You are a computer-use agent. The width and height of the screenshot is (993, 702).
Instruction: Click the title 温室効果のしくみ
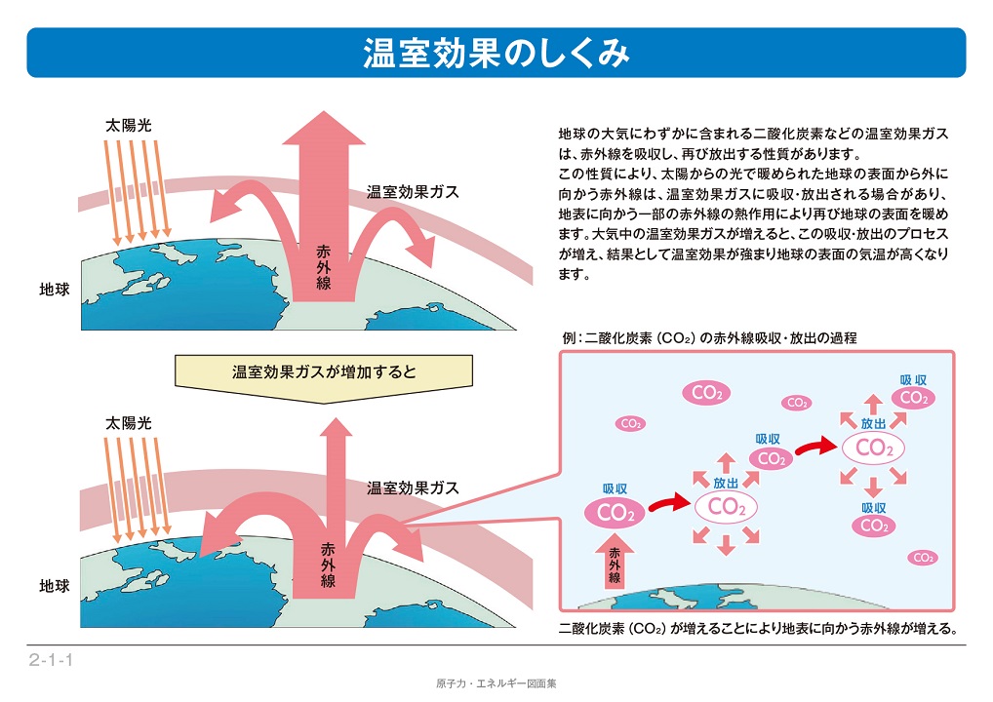[496, 53]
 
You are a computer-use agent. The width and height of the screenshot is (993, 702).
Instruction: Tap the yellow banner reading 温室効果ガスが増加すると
[324, 377]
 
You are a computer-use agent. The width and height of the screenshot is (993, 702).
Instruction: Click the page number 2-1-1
[52, 660]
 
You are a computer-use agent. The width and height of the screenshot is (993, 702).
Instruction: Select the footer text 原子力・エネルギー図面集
[496, 683]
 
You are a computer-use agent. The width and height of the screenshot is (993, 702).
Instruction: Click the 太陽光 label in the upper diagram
[129, 126]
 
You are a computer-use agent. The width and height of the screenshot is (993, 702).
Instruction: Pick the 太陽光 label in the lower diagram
[129, 423]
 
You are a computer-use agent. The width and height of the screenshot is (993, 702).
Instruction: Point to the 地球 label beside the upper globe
[55, 290]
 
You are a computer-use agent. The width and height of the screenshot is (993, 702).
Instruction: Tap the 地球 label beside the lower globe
[55, 586]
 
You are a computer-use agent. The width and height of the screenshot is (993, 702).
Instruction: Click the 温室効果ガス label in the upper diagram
[413, 192]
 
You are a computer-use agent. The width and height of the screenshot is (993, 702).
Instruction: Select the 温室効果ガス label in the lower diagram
[413, 488]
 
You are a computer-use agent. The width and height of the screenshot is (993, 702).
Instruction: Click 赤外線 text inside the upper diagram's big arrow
[324, 268]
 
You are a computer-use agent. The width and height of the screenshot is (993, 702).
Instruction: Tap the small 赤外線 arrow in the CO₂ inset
[615, 562]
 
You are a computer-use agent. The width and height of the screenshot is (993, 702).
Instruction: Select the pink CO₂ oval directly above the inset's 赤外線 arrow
[615, 512]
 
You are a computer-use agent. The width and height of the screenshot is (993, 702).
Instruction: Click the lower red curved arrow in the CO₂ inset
[670, 503]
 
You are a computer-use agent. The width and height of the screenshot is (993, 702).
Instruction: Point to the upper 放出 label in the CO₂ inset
[873, 423]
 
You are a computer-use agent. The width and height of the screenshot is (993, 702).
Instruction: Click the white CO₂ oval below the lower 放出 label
[727, 507]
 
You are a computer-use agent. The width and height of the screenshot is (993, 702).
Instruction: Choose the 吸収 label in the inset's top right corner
[913, 380]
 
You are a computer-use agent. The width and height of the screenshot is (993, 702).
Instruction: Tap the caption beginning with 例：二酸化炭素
[709, 338]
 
